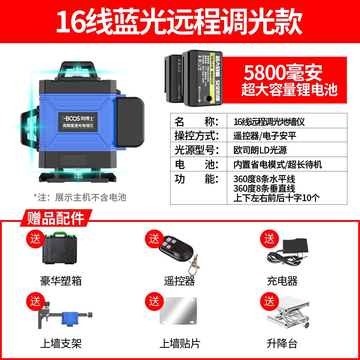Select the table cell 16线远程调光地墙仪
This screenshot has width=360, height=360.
pyautogui.click(x=270, y=121)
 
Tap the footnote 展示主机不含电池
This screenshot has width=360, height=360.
pyautogui.click(x=80, y=197)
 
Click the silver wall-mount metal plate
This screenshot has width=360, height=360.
pyautogui.click(x=179, y=317)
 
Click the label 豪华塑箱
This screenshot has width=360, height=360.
pyautogui.click(x=61, y=281)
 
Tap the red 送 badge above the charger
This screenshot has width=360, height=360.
pyautogui.click(x=269, y=237)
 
